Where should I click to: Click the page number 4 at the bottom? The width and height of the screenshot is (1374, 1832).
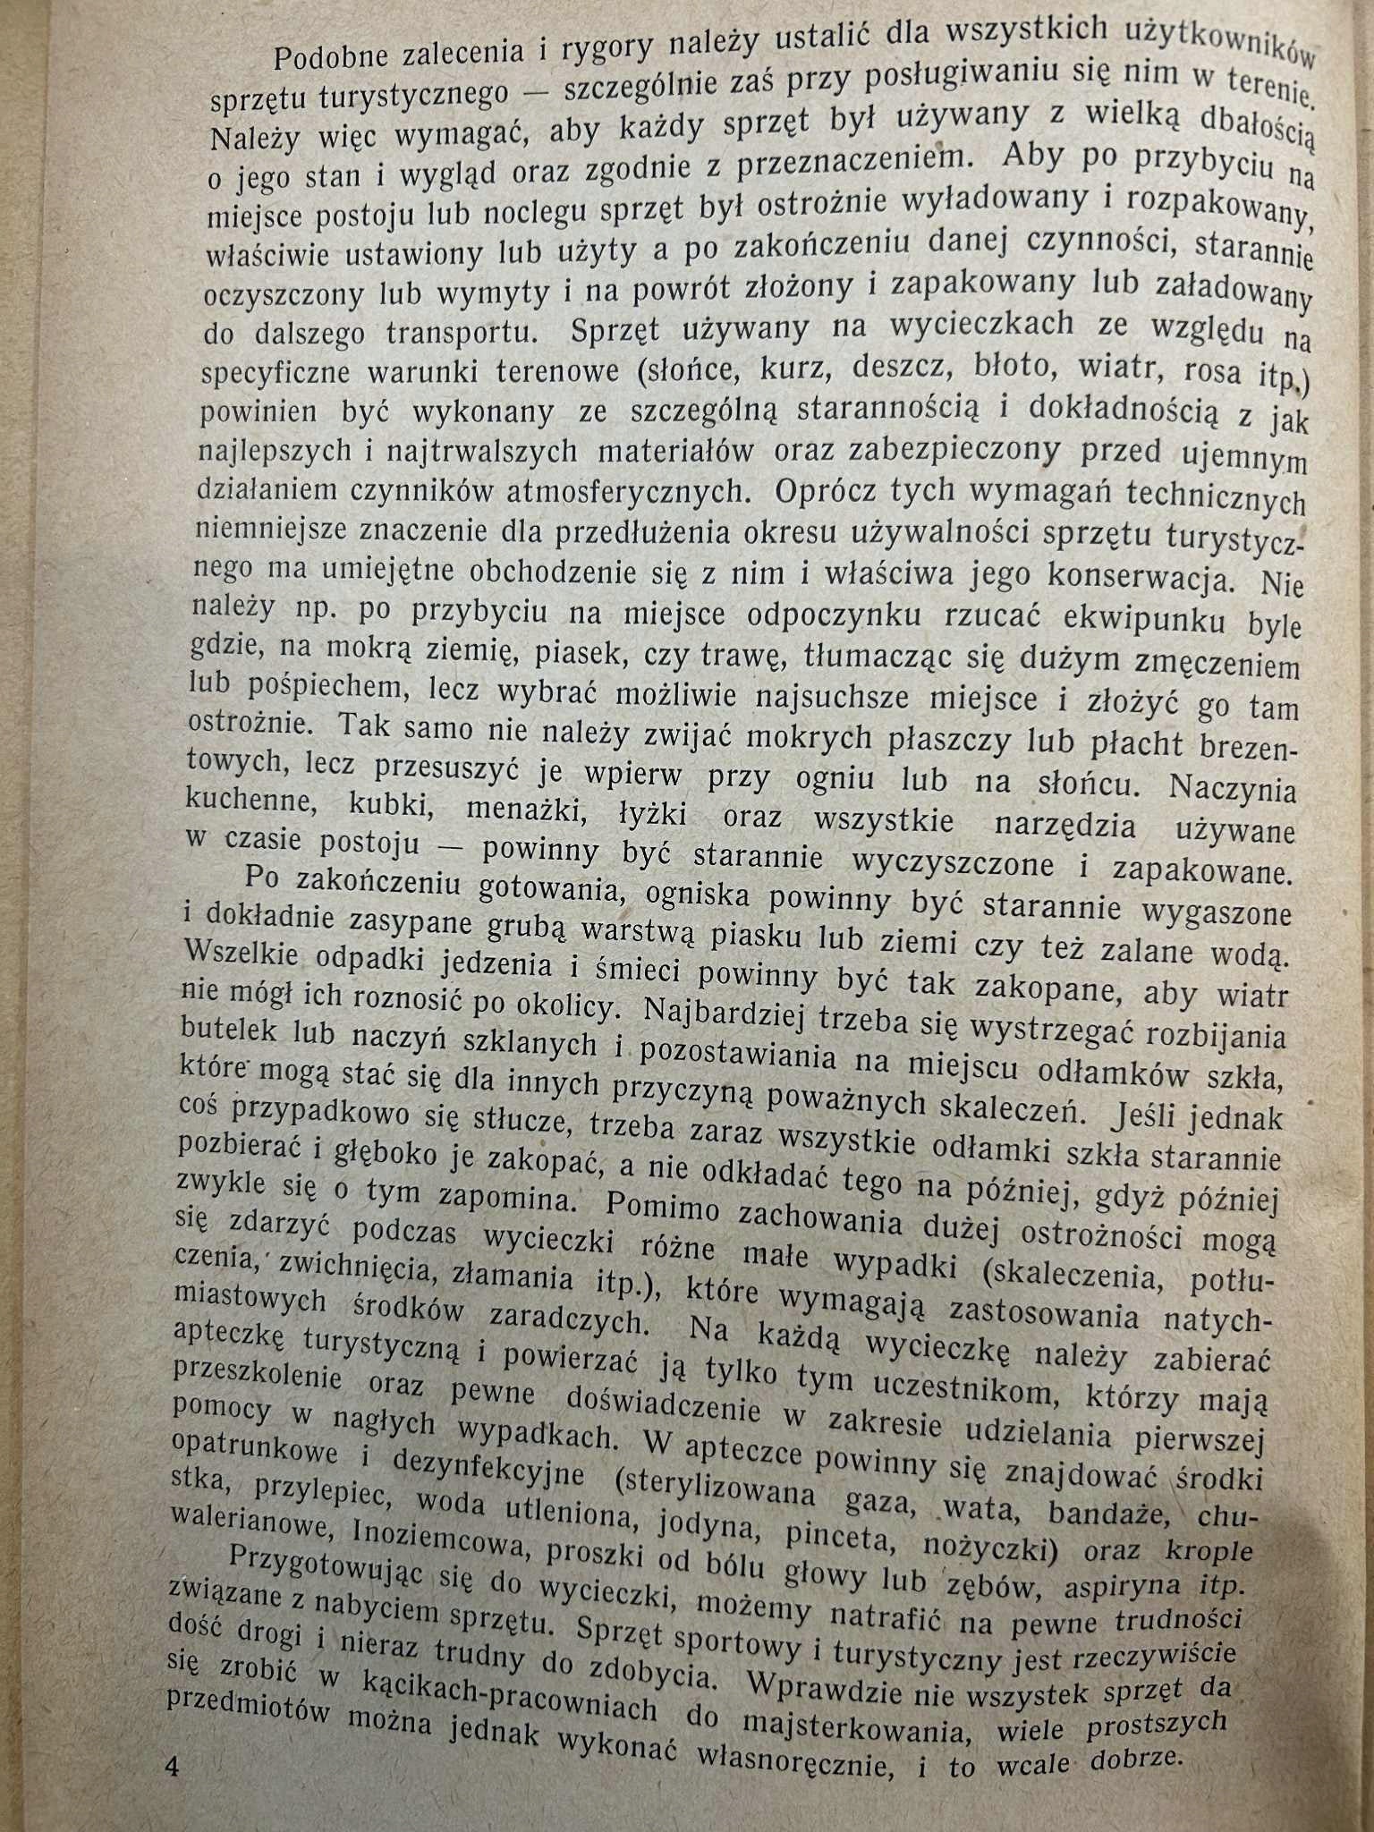pyautogui.click(x=173, y=1768)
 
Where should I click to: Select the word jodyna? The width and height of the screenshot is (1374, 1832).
pyautogui.click(x=703, y=1520)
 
